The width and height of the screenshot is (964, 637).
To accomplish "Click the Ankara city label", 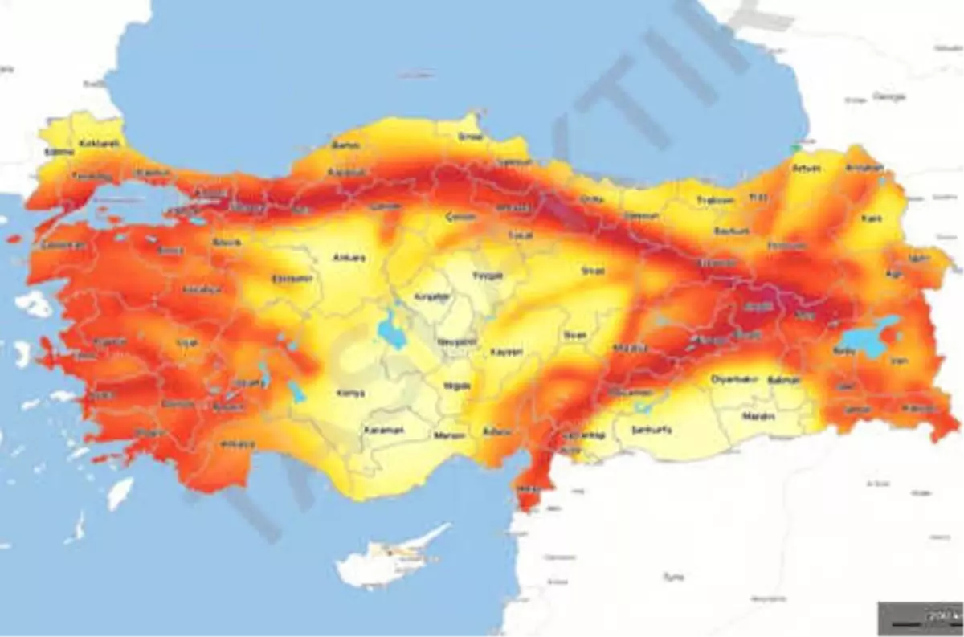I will [349, 258].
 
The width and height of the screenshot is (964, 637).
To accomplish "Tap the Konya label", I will [351, 393].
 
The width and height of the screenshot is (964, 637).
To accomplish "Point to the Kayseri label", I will [506, 352].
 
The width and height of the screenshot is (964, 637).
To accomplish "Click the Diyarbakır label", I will [734, 378].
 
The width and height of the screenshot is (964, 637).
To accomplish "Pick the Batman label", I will [783, 379].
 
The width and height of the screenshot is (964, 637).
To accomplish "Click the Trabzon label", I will [715, 200].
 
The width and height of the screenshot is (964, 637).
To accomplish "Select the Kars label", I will [872, 218].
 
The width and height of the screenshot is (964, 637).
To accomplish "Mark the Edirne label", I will [59, 151].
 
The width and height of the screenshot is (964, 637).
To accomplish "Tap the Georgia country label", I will [888, 96].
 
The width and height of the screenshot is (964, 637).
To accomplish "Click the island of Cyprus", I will [391, 556].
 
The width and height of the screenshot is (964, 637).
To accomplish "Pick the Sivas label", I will [592, 272].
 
